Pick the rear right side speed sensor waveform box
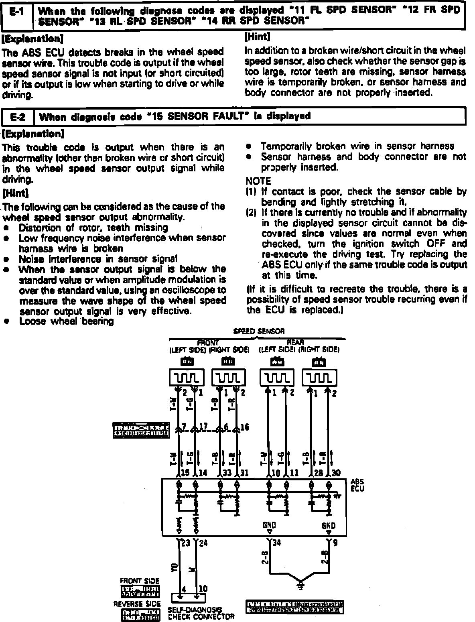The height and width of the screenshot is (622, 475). click(319, 378)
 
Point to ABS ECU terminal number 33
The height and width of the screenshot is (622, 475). click(227, 473)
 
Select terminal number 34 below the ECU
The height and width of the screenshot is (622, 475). click(276, 543)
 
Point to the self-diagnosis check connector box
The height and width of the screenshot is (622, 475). click(188, 597)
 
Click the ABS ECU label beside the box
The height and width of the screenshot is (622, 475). click(357, 485)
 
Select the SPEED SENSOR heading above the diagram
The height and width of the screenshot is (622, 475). click(259, 331)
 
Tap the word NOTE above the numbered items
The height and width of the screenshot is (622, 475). click(258, 181)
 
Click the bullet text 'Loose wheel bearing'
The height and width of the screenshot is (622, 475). click(66, 321)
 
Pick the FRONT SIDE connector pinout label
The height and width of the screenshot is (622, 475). click(140, 581)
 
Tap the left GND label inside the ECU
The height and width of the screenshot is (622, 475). click(269, 525)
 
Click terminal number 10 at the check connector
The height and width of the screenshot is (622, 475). click(203, 589)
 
